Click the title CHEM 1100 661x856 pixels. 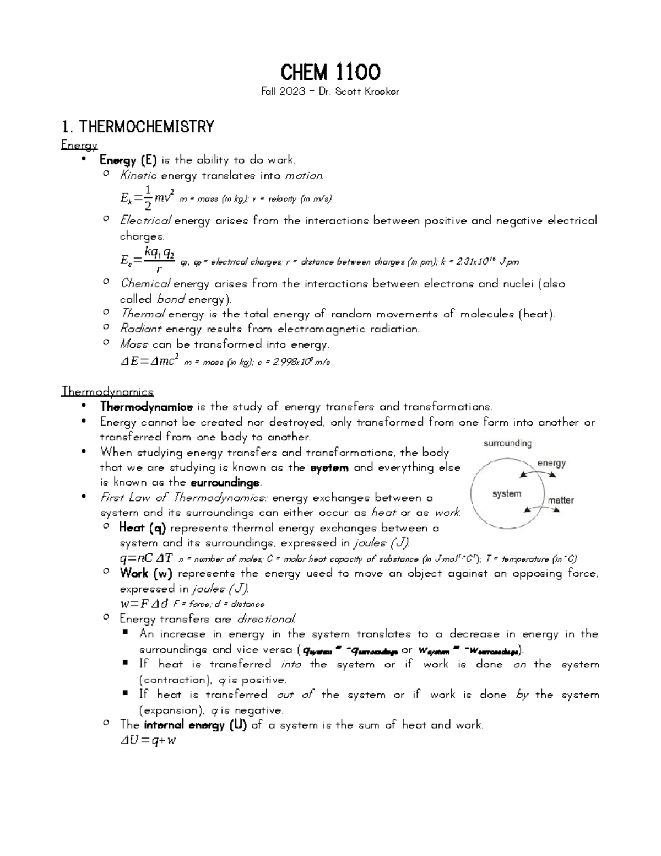(x=330, y=72)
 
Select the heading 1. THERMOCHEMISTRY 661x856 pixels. (x=138, y=127)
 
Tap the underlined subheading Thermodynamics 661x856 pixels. (x=107, y=392)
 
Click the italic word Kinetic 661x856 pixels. (x=138, y=176)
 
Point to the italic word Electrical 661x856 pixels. (x=145, y=221)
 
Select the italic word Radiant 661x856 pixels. (x=140, y=329)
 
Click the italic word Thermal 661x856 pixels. (x=142, y=314)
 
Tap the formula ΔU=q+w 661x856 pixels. (x=148, y=740)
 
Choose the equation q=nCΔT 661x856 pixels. (x=147, y=558)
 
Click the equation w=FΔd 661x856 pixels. (x=144, y=604)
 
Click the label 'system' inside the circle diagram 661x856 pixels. (x=506, y=494)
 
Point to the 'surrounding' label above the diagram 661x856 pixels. (x=507, y=443)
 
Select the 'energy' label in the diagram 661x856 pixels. (x=551, y=463)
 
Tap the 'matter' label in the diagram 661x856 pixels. (x=561, y=500)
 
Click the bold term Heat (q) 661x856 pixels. (x=142, y=528)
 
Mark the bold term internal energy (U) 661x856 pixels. (x=195, y=725)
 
